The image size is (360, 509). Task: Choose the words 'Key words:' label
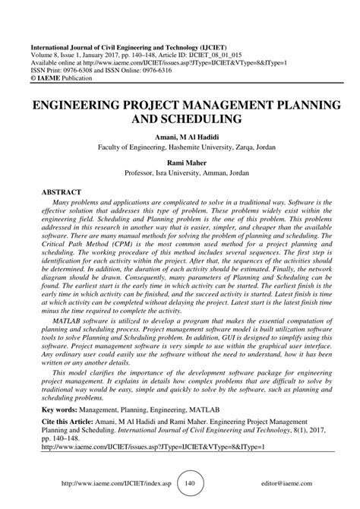tap(52, 408)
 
